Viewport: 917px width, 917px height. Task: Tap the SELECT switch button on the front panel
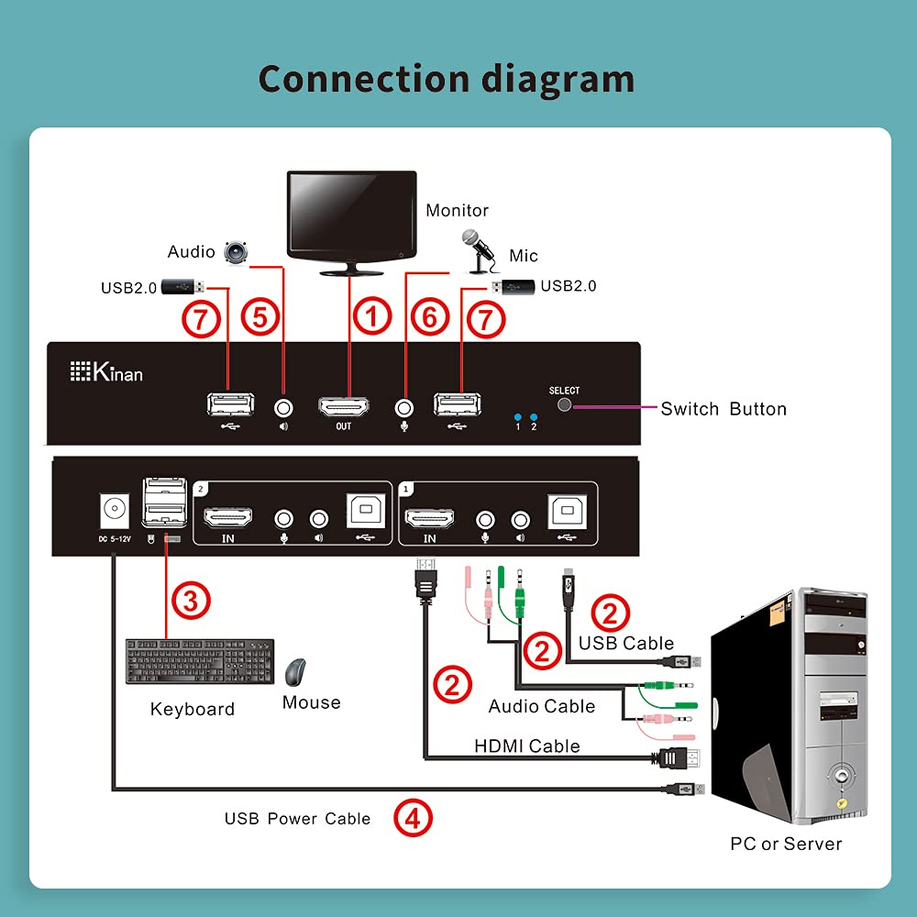[564, 404]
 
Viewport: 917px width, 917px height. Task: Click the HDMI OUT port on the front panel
[343, 406]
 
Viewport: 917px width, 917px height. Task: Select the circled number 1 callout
[372, 318]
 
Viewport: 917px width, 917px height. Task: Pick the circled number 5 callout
[260, 318]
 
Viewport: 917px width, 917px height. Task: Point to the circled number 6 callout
[429, 318]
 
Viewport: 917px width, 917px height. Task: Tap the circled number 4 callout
[413, 817]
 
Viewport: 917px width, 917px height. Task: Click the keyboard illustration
[200, 661]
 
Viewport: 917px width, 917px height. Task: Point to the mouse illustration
[295, 673]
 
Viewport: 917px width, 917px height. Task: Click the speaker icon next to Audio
[238, 251]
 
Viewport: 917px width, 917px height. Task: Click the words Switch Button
[724, 409]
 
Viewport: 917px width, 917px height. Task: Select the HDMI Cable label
[526, 746]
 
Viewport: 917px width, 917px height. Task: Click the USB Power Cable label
[297, 819]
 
